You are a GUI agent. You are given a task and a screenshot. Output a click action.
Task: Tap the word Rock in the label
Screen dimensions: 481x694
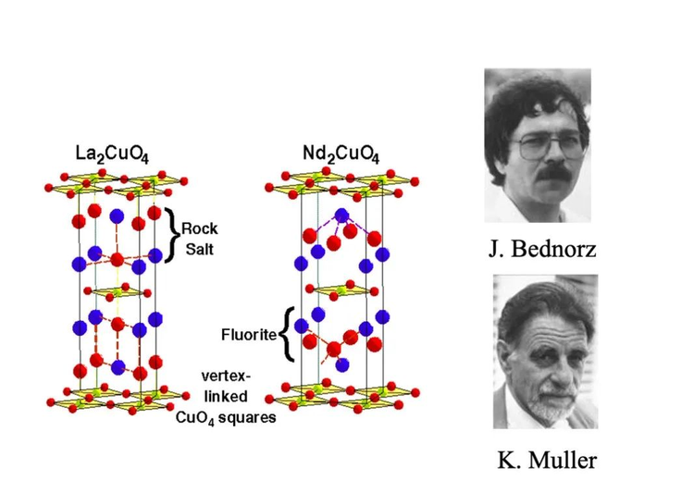click(199, 227)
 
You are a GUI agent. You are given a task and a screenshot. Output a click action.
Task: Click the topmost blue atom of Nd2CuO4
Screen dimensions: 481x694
click(341, 216)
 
